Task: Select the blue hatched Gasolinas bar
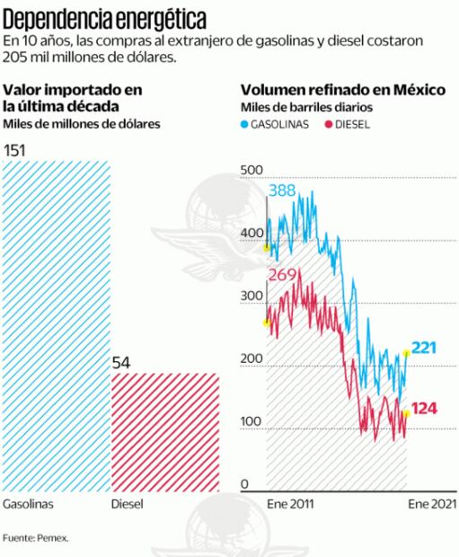coord(56,323)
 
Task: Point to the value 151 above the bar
coord(15,150)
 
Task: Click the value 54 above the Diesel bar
coord(122,362)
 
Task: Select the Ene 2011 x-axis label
coord(287,505)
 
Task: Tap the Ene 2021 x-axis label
coord(428,505)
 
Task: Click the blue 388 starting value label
coord(283,190)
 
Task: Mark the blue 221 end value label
coord(425,348)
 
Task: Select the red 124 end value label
coord(425,409)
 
